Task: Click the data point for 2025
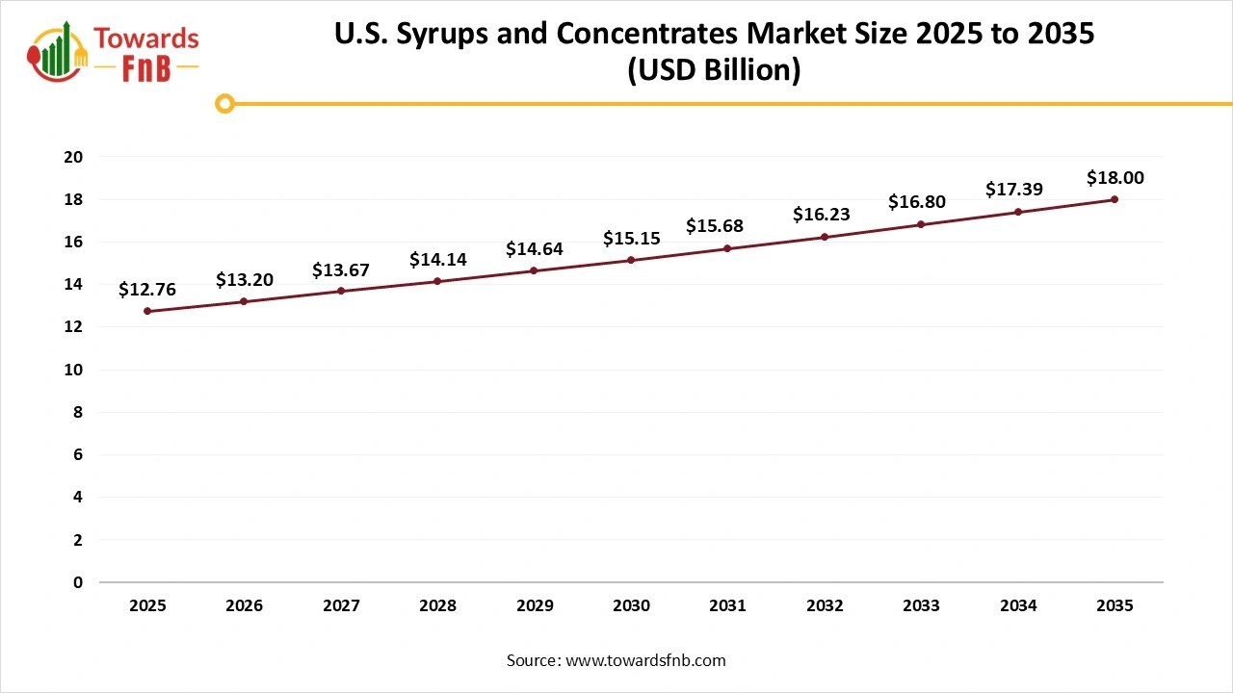147,311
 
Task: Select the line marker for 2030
631,260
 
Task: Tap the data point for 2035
1115,199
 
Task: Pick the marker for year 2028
437,281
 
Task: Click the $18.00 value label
1115,178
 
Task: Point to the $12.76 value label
147,290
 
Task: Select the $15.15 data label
631,238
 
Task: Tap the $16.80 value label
921,202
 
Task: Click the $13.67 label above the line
341,270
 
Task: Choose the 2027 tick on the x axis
341,606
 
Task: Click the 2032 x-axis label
825,606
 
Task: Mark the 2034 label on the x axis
1018,606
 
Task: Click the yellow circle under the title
224,103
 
